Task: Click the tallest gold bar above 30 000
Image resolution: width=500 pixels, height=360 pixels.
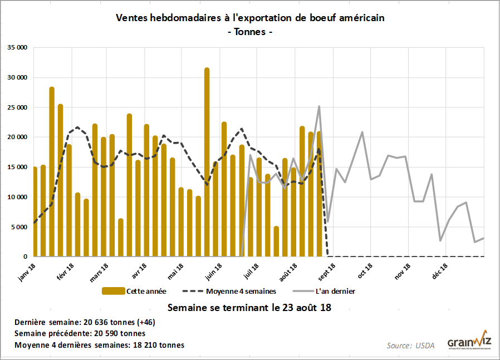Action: [x=207, y=161]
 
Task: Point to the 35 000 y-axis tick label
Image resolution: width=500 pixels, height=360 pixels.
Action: [x=17, y=48]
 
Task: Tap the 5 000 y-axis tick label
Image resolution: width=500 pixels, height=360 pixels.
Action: [x=19, y=227]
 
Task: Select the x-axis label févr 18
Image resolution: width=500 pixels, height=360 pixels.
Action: [x=66, y=273]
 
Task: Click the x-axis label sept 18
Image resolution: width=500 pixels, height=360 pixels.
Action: [x=326, y=273]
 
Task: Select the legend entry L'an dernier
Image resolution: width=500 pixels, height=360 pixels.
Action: [x=337, y=290]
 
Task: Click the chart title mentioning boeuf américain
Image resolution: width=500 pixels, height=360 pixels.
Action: [x=250, y=18]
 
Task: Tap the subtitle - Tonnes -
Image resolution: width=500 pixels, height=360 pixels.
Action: [x=250, y=32]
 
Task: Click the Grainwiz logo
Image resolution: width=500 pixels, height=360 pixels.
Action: [x=468, y=341]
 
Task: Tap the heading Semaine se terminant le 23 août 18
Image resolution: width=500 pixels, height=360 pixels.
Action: [x=249, y=307]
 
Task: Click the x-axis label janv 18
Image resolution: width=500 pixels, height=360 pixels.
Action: [x=27, y=273]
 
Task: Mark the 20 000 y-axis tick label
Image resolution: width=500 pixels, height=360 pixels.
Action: [x=17, y=137]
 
